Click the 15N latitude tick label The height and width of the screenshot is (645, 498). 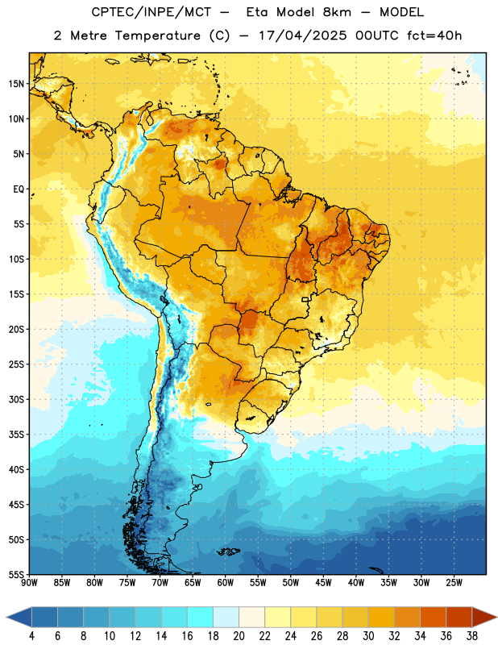[16, 84]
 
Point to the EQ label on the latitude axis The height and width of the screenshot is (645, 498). [19, 189]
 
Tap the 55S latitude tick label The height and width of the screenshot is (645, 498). [16, 574]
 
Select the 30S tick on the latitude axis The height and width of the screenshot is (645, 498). [16, 399]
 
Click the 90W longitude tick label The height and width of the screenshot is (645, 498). [29, 583]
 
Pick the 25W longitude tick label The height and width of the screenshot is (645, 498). [454, 583]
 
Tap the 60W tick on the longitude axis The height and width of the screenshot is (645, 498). [226, 583]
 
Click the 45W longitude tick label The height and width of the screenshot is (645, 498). [323, 583]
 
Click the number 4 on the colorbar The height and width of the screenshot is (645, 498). [31, 636]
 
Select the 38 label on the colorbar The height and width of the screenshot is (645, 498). [472, 636]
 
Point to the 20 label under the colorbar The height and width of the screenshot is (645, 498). [239, 636]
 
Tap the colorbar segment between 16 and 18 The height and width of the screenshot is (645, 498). [200, 617]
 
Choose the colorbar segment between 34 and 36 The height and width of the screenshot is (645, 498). [433, 617]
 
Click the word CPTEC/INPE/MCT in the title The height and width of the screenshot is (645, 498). [151, 12]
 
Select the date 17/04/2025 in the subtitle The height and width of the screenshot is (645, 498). [303, 35]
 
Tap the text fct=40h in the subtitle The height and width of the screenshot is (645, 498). [434, 35]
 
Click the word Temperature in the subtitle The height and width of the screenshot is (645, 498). [157, 35]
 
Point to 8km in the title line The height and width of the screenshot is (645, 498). [337, 12]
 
